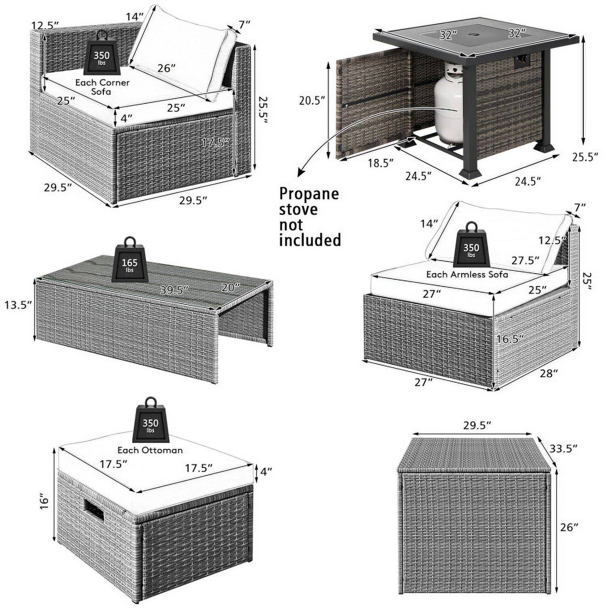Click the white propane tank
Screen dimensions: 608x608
[448, 105]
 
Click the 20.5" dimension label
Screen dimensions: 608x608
[313, 100]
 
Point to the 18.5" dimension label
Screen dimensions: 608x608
[381, 163]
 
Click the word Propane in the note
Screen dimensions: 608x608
[309, 194]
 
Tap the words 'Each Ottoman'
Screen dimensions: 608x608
[150, 450]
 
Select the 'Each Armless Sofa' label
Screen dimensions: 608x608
[467, 274]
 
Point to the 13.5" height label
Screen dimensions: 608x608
[18, 305]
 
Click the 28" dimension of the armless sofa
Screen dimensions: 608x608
[549, 373]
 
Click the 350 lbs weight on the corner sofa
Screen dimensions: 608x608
[102, 57]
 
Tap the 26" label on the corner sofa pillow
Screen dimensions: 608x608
[166, 68]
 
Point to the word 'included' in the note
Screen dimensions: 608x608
[310, 240]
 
